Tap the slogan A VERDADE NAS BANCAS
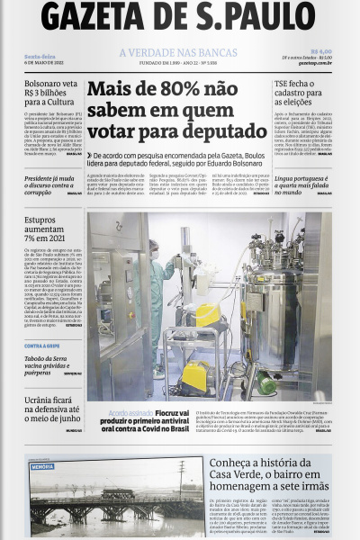pos(178,53)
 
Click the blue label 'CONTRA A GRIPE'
pos(42,346)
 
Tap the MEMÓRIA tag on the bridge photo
pos(42,467)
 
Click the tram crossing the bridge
pos(118,494)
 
